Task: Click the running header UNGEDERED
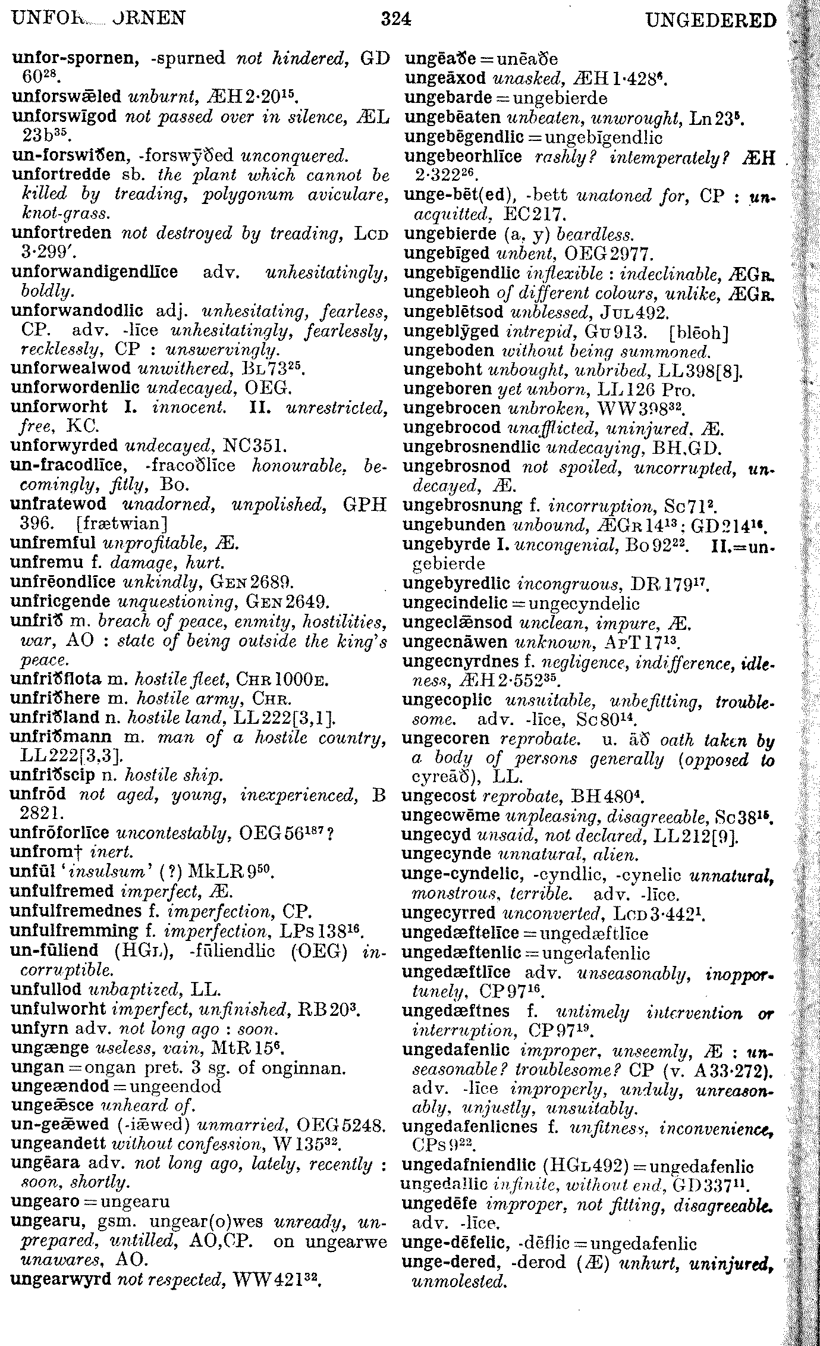pyautogui.click(x=711, y=21)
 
